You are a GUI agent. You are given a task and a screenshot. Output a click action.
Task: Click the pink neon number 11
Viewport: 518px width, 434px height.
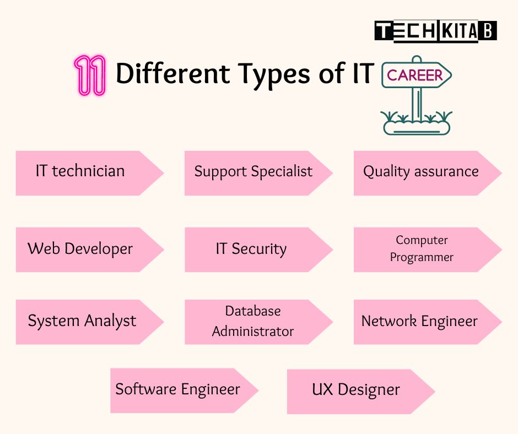pyautogui.click(x=89, y=75)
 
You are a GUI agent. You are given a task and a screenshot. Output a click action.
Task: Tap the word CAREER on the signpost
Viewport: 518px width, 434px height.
pyautogui.click(x=414, y=75)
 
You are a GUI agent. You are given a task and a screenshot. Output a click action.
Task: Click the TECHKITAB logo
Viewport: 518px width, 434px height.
pyautogui.click(x=435, y=31)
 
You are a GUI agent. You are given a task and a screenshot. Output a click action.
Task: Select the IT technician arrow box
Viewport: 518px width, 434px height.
pyautogui.click(x=83, y=172)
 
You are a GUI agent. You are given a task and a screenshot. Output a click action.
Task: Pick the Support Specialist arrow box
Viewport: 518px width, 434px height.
pyautogui.click(x=253, y=172)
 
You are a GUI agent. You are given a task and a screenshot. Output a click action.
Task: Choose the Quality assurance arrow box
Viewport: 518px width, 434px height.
pyautogui.click(x=421, y=172)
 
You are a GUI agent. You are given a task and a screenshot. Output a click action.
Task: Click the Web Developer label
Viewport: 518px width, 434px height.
pyautogui.click(x=80, y=249)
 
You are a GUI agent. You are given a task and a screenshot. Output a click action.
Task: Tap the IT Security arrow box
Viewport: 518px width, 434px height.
pyautogui.click(x=251, y=249)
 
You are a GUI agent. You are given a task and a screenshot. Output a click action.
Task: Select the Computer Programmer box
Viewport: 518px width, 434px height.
pyautogui.click(x=422, y=249)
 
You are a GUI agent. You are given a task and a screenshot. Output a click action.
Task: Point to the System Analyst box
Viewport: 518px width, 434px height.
pyautogui.click(x=82, y=322)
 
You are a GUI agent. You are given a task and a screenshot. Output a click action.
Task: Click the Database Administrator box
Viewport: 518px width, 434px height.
pyautogui.click(x=253, y=322)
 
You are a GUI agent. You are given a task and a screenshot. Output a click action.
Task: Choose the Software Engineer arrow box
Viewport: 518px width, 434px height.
pyautogui.click(x=178, y=390)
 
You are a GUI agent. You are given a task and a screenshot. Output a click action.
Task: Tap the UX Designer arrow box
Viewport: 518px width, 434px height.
pyautogui.click(x=356, y=390)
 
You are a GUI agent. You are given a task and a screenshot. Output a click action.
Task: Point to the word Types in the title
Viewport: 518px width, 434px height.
pyautogui.click(x=267, y=75)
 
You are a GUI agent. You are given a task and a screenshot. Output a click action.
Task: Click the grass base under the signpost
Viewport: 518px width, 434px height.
pyautogui.click(x=416, y=125)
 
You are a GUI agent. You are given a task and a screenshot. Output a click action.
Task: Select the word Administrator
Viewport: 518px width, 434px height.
pyautogui.click(x=253, y=332)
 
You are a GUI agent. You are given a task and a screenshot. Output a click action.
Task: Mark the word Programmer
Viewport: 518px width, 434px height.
pyautogui.click(x=422, y=257)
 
